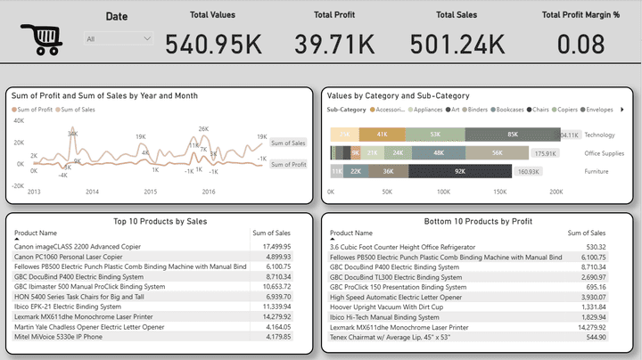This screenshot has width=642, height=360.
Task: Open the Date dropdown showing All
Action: [119, 38]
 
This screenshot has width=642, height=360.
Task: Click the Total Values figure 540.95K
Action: [213, 43]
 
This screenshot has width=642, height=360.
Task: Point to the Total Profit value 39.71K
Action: [334, 43]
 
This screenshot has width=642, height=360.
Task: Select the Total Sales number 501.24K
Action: [457, 43]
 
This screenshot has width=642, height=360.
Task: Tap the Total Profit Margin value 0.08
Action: [580, 43]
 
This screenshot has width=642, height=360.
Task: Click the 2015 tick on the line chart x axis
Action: [150, 192]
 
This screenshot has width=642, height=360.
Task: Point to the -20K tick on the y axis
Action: [18, 185]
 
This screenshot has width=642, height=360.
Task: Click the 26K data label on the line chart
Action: [203, 129]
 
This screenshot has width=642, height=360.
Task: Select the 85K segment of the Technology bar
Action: [512, 135]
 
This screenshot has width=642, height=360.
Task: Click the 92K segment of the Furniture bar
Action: [460, 170]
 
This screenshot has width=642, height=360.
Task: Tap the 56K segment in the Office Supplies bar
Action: [498, 152]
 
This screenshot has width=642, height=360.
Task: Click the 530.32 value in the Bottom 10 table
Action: [594, 247]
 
